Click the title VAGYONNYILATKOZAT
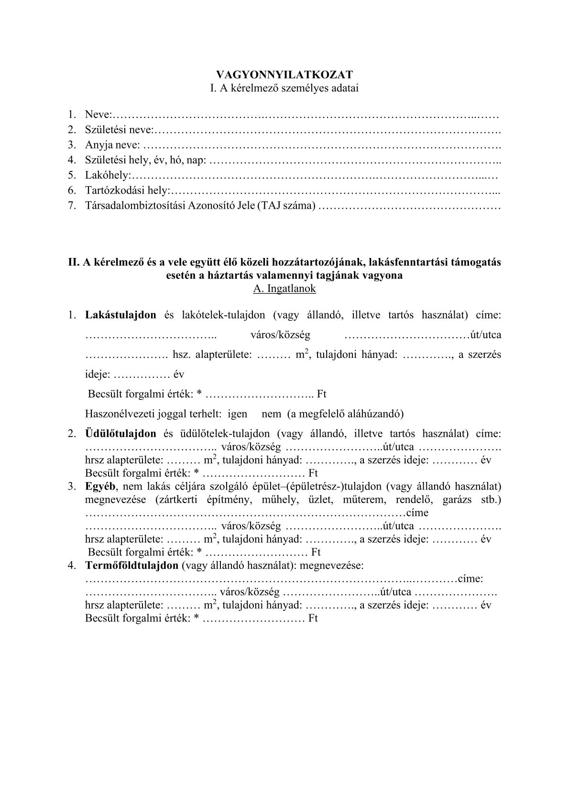coord(284,75)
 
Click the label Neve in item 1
coord(98,115)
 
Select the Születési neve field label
coord(119,129)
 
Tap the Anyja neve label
coord(112,145)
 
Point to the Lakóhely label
coord(107,175)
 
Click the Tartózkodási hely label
coord(127,190)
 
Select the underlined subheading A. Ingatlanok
coord(284,289)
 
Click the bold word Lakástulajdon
coord(120,315)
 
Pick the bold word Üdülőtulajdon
coord(120,434)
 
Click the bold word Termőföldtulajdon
coord(131,566)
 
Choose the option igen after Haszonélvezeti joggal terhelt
coord(237,414)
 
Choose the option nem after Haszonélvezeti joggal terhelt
coord(272,414)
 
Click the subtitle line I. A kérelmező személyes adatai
coord(284,88)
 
